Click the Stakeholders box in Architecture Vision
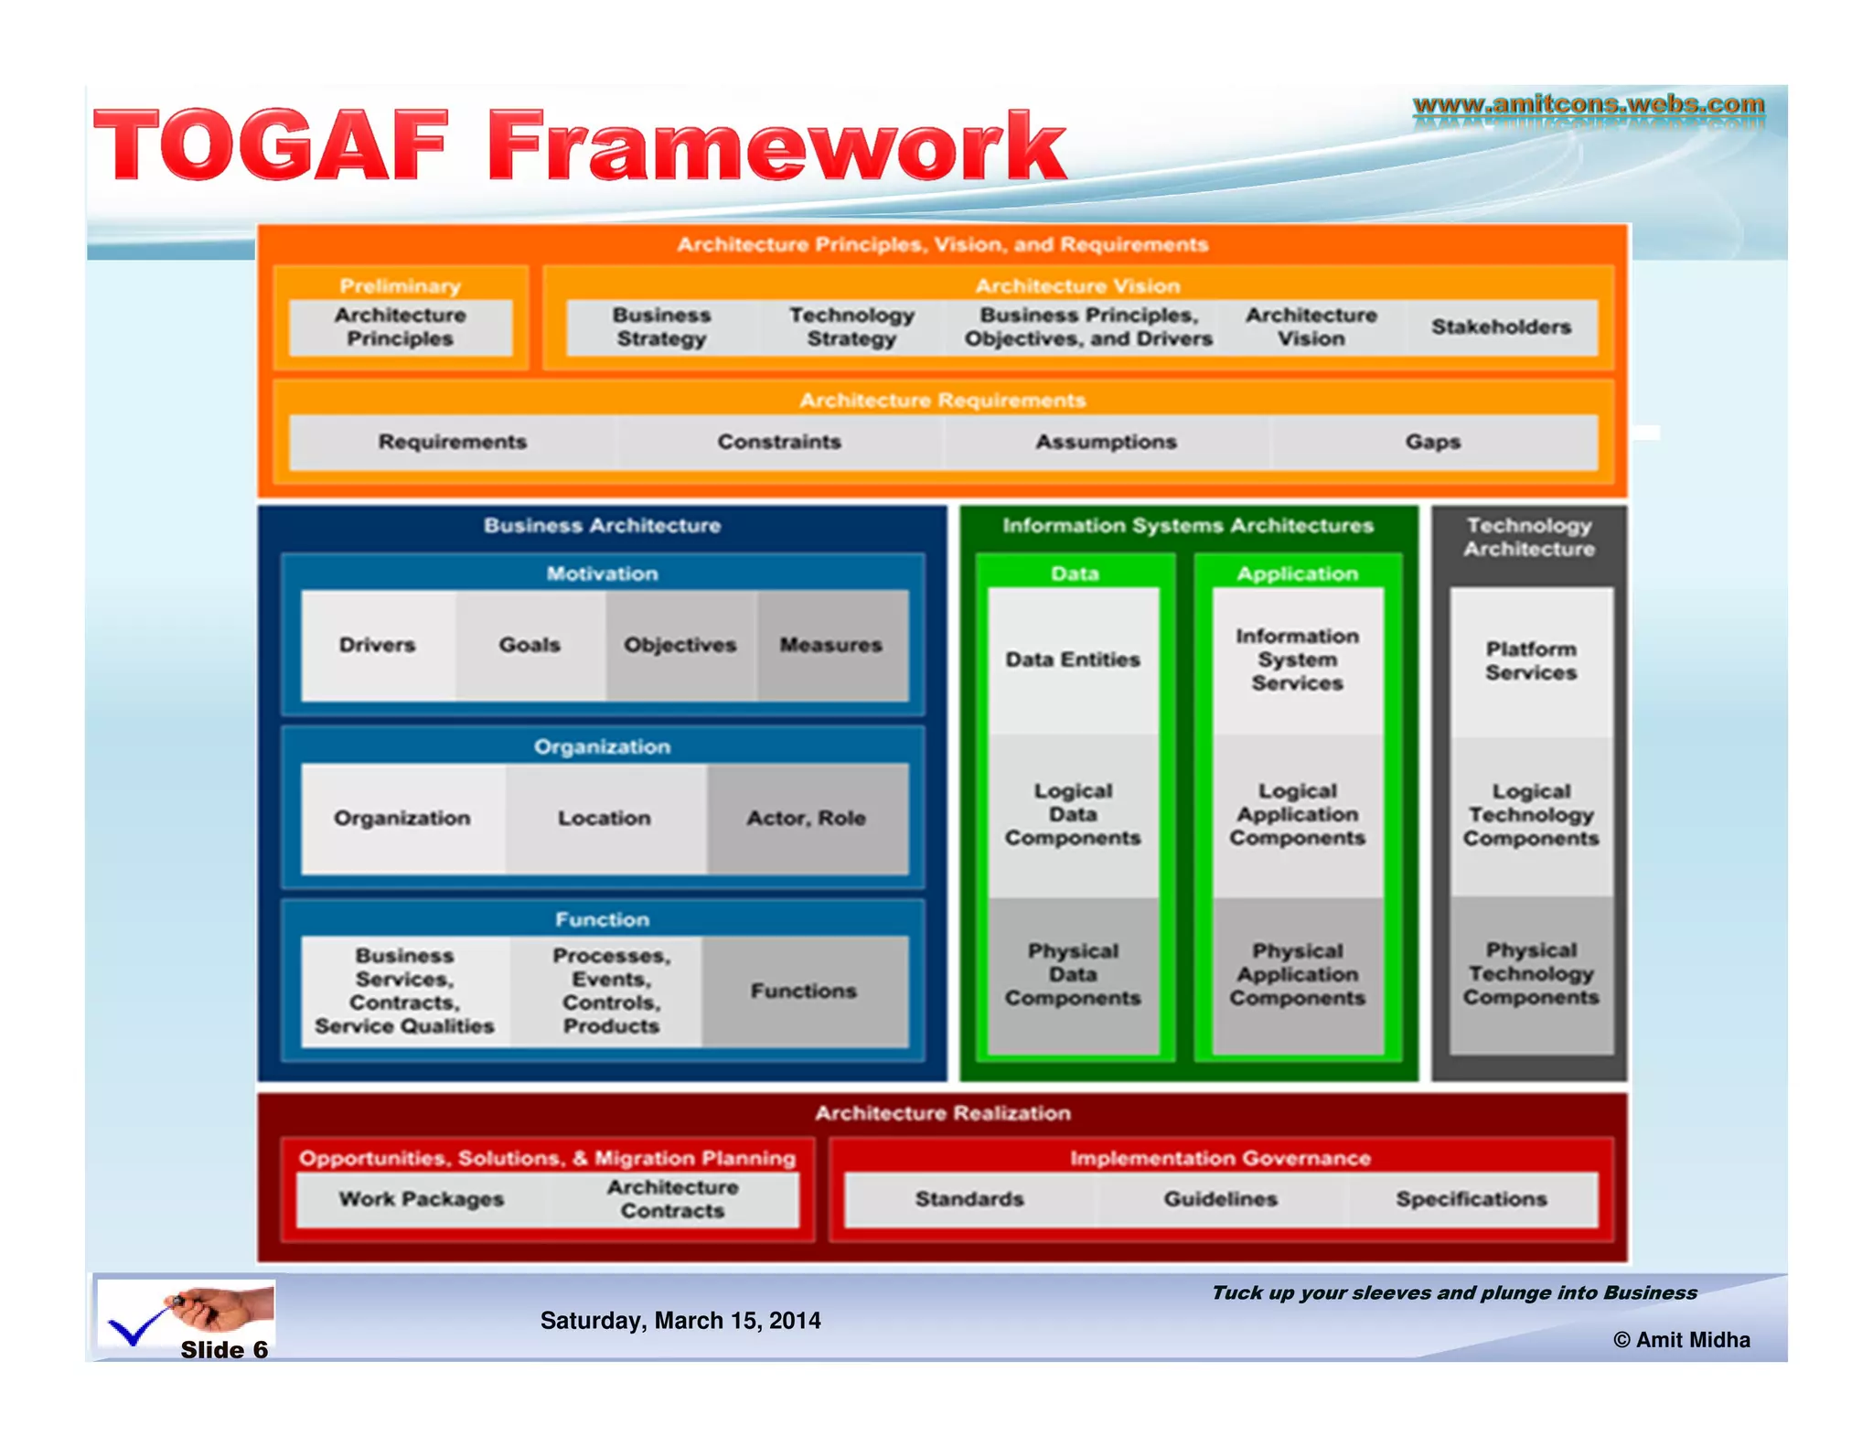[x=1500, y=327]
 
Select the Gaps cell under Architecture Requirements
[x=1432, y=442]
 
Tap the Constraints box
[x=778, y=442]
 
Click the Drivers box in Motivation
[x=377, y=645]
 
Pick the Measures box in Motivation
[x=830, y=645]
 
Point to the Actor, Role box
[x=806, y=818]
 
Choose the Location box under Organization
[x=605, y=818]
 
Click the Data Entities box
[x=1073, y=659]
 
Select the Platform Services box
[x=1531, y=660]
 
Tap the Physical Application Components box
[x=1297, y=974]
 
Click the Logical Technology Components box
[x=1531, y=815]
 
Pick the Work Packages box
[x=422, y=1199]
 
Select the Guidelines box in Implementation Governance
[x=1220, y=1199]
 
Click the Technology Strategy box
[x=851, y=327]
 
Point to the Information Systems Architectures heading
[x=1188, y=526]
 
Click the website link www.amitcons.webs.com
[x=1588, y=104]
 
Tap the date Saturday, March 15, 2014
[x=680, y=1321]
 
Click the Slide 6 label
[x=224, y=1350]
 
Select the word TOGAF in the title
[x=271, y=146]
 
